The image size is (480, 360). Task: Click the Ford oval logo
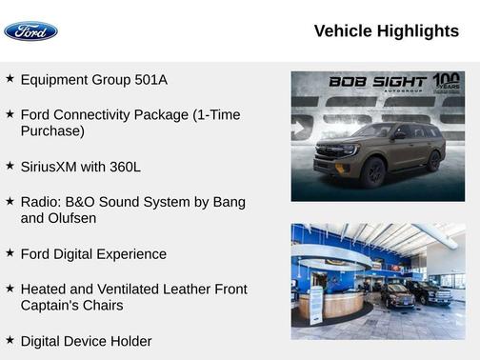[30, 31]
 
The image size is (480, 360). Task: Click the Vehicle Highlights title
[386, 31]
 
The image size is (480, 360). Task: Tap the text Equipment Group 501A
[93, 80]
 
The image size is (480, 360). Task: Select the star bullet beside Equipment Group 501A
[10, 79]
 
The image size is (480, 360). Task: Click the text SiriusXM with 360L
[80, 167]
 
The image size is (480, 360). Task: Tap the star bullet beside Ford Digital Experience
[10, 253]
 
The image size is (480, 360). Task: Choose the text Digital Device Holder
[86, 341]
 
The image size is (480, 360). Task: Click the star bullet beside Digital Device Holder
[10, 340]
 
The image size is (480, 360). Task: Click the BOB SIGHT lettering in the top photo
[378, 82]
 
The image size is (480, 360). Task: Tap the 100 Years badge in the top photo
[446, 82]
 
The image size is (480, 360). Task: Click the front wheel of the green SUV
[373, 172]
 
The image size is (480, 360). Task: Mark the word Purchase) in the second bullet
[52, 131]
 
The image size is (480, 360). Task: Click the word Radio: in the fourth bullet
[41, 202]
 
